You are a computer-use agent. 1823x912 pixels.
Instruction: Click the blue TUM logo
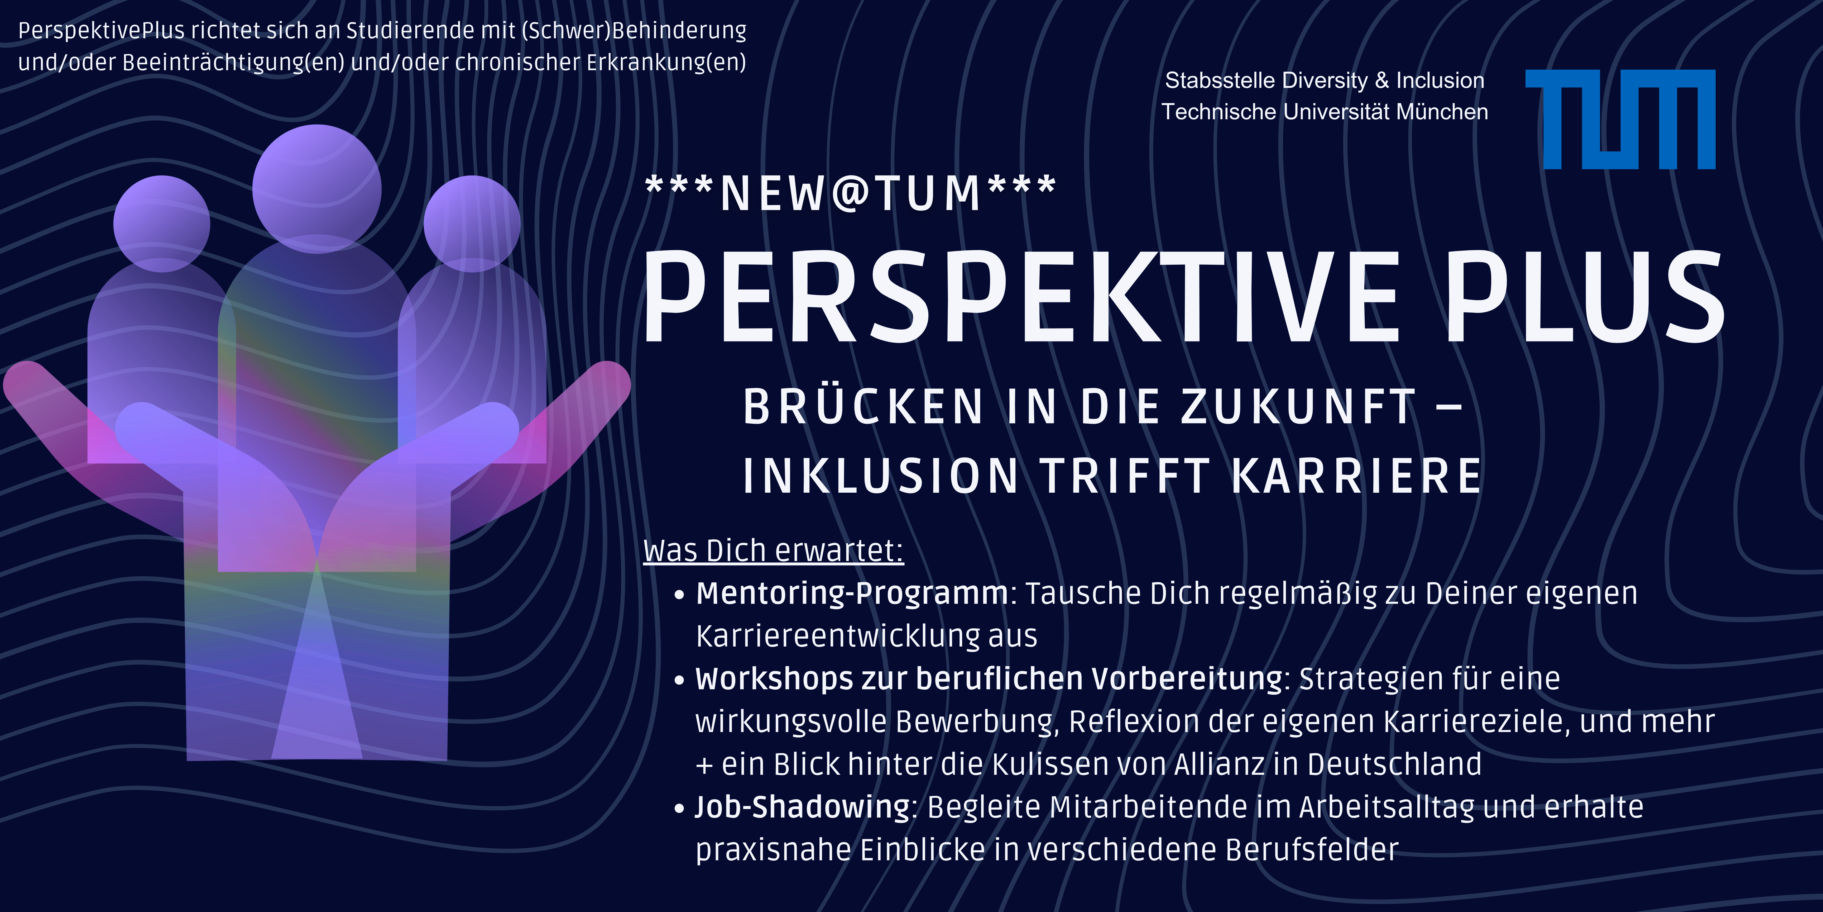coord(1620,119)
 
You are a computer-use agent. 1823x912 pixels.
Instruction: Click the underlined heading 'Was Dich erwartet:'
coord(774,550)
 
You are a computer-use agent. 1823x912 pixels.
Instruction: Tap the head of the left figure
coord(162,224)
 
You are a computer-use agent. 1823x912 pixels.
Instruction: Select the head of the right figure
coord(472,224)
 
